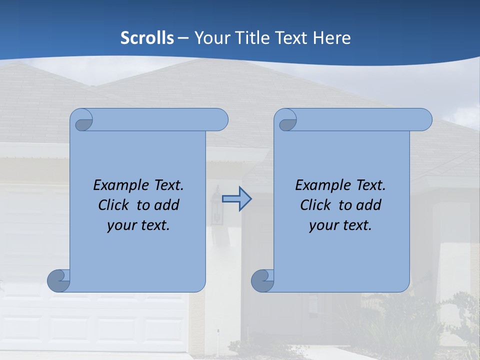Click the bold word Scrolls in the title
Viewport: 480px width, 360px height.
[147, 37]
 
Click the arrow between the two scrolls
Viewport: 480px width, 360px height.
[236, 199]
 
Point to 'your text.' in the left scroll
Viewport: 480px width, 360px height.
[138, 225]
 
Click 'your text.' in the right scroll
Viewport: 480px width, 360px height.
[340, 225]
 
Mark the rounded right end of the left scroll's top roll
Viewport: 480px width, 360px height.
[221, 120]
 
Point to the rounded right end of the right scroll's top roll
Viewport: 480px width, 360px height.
[425, 120]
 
